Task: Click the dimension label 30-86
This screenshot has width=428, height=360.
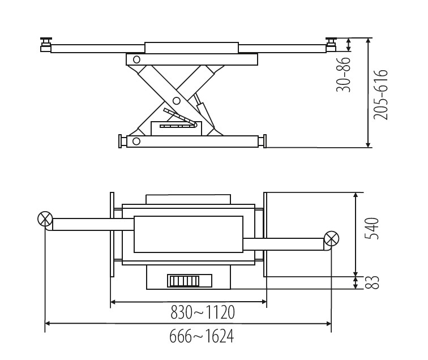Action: point(344,75)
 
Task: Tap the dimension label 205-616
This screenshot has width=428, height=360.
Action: point(380,95)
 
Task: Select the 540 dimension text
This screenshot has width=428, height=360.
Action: point(373,229)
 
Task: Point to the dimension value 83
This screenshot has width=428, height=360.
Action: point(373,282)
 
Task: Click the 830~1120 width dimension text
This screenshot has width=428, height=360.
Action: point(203,312)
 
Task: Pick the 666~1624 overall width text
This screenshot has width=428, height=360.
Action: point(202,336)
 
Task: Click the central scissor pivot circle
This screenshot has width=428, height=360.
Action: point(177,101)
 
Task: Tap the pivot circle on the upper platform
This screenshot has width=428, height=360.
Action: point(136,59)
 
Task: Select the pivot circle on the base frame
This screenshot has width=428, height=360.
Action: point(136,141)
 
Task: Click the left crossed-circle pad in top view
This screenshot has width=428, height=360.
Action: point(45,219)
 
